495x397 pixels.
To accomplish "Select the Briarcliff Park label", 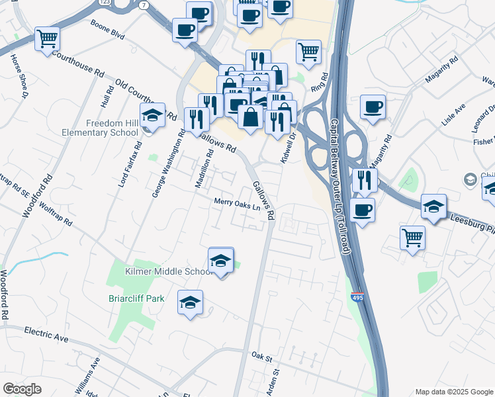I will coord(136,298).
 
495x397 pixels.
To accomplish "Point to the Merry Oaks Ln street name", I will coord(236,204).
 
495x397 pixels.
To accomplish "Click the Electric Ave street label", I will coord(46,333).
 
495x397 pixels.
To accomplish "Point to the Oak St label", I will coord(262,356).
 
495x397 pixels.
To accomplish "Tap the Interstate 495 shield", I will coord(357,298).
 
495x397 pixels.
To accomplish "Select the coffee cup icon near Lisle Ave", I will coord(373,107).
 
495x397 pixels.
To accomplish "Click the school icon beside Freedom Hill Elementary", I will coord(152,116).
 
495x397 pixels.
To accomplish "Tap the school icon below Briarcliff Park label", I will coord(191,304).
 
